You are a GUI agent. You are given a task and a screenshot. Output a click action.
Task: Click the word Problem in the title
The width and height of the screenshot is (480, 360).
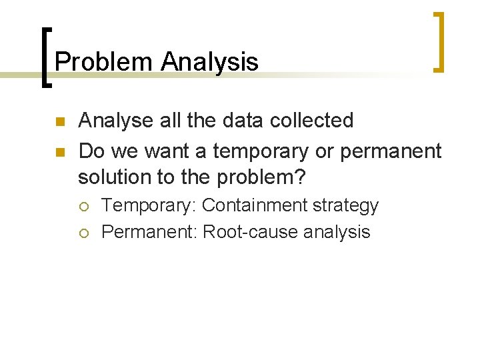[104, 62]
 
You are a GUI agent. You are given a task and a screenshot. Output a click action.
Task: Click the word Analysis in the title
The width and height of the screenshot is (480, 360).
[209, 62]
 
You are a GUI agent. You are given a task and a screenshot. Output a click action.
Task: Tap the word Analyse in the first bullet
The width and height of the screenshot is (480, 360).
[117, 121]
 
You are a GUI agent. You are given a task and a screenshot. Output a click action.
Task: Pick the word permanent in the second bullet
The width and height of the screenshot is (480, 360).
[391, 152]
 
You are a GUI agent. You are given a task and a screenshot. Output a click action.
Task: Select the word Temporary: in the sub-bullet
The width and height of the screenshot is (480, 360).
[149, 205]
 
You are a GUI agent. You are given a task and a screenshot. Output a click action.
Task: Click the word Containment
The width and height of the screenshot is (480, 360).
[253, 205]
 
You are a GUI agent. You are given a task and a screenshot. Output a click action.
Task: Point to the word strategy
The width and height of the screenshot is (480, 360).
[345, 206]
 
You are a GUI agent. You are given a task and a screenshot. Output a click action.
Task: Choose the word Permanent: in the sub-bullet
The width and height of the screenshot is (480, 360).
[149, 232]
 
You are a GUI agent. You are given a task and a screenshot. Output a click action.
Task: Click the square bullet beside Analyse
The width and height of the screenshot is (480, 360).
[59, 122]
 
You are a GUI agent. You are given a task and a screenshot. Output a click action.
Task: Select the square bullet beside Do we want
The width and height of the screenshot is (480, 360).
[59, 152]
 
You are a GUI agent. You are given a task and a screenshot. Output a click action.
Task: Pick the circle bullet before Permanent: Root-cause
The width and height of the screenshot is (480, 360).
[87, 233]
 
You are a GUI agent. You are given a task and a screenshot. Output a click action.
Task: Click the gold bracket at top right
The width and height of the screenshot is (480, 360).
[439, 41]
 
